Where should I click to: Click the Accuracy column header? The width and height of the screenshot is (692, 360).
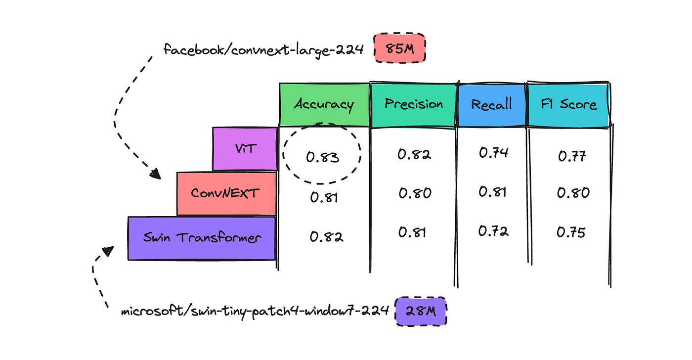point(324,104)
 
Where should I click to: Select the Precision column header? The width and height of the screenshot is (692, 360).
point(414,104)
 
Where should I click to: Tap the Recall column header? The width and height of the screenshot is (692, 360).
point(491,104)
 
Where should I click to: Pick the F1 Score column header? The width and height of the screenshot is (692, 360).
point(570,104)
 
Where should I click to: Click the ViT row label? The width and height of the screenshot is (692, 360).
point(245,148)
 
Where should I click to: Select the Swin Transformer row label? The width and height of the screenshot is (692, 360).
point(202,237)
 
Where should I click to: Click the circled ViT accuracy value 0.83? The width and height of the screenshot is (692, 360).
point(322,157)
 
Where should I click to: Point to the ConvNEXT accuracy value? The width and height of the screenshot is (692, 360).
point(324,197)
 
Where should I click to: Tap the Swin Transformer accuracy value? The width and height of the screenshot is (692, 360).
point(326,237)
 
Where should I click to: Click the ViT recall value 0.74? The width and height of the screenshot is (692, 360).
point(493,153)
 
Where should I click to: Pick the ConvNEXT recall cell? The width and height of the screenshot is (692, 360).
point(492,191)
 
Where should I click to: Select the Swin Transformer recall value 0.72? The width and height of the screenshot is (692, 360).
point(493,230)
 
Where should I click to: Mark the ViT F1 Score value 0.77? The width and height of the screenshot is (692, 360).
point(572,156)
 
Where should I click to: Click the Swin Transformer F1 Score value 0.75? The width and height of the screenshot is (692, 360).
point(571,232)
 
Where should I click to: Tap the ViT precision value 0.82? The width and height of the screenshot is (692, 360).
point(414,154)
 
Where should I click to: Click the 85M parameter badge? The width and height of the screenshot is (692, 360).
point(399,49)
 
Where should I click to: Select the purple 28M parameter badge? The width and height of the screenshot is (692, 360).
point(421,312)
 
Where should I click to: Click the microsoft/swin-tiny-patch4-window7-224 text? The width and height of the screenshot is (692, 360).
point(255,313)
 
